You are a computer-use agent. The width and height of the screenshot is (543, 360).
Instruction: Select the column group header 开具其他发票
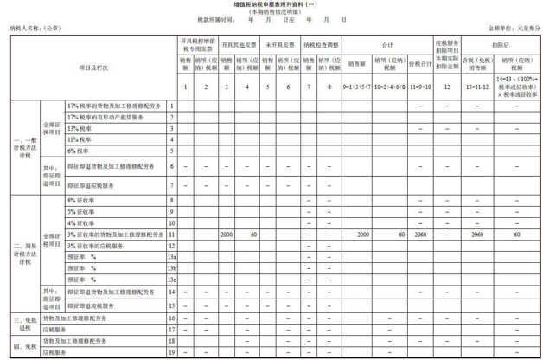(237, 42)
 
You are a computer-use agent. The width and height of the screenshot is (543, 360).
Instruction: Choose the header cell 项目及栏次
(90, 66)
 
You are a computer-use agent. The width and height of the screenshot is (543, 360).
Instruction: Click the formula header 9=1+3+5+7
(357, 88)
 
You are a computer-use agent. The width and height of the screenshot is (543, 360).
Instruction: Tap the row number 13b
(172, 269)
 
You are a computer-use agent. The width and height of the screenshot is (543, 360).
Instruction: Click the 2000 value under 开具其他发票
(226, 235)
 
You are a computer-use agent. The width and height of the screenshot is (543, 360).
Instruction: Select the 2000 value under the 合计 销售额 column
(361, 235)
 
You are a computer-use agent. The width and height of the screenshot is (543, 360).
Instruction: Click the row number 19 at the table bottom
(172, 352)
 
